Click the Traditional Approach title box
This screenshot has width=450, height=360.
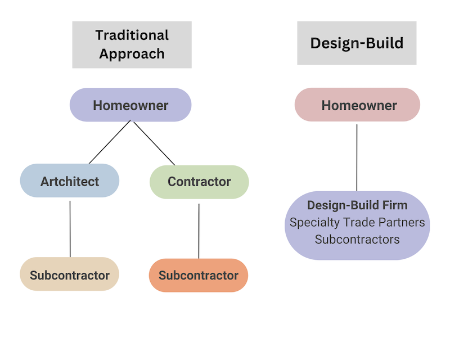click(132, 44)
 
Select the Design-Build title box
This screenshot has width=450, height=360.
click(357, 43)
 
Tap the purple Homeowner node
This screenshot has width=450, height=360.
click(130, 105)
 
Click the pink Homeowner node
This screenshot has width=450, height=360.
click(357, 105)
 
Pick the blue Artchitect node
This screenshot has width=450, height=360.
click(70, 181)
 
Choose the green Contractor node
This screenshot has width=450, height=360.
click(199, 182)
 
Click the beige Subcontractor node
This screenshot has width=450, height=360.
click(70, 274)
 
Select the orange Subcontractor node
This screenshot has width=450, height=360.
click(199, 276)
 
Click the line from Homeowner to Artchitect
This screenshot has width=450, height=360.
click(110, 142)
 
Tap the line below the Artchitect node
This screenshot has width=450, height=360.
click(70, 228)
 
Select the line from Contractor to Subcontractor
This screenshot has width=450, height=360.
click(199, 231)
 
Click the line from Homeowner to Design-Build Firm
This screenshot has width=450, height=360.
click(357, 157)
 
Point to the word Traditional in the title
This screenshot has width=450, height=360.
click(132, 35)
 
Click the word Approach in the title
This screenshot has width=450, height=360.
click(132, 54)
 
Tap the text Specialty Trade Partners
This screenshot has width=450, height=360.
click(357, 222)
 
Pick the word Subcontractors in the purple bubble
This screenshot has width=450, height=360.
click(357, 240)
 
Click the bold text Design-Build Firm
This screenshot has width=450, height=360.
click(357, 205)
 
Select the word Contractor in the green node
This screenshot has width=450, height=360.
click(199, 182)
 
